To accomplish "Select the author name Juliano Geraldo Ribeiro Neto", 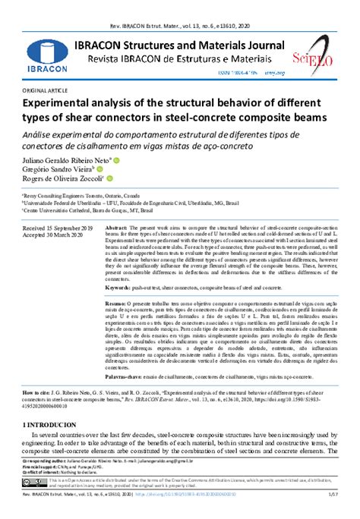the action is tap(57, 161).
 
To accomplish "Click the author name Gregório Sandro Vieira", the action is tap(52, 170).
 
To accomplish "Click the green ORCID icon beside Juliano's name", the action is tap(118, 160).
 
